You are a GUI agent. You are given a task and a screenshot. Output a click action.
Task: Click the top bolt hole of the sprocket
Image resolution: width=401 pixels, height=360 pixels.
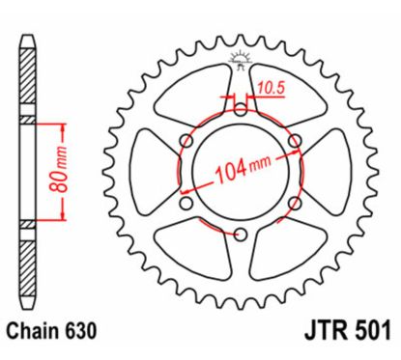click(241, 99)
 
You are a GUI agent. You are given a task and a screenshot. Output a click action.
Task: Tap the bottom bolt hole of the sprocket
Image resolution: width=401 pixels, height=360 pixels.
click(241, 235)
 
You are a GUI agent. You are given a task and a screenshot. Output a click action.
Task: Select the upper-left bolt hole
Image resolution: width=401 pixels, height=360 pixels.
click(186, 142)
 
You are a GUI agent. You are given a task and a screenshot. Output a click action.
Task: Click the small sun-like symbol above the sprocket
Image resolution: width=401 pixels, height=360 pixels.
click(242, 63)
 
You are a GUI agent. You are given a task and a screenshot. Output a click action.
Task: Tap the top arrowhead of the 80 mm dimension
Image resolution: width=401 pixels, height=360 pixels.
click(66, 126)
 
